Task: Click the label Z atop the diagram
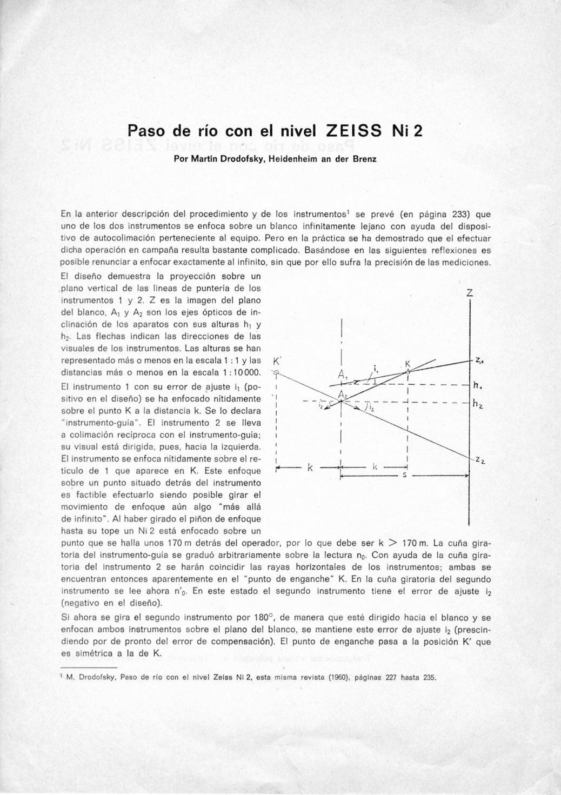point(470,293)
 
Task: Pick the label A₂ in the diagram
point(342,395)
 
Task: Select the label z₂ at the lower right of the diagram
point(480,460)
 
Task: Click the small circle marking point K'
point(276,372)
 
